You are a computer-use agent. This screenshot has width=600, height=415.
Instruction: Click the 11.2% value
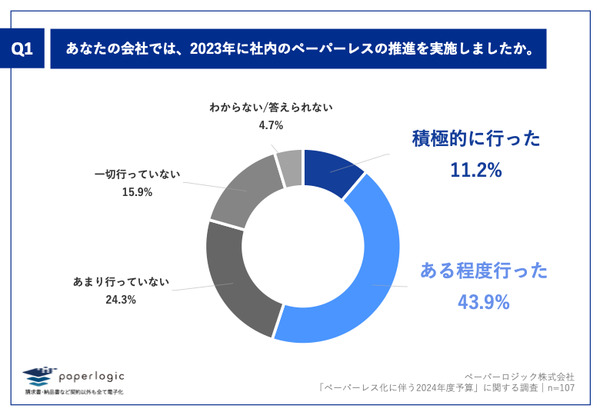476,171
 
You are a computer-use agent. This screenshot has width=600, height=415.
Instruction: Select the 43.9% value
484,302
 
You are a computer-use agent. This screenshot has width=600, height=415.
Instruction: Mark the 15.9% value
137,192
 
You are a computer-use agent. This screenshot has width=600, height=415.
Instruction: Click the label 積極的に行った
476,138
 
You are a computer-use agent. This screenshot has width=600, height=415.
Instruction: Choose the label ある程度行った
484,271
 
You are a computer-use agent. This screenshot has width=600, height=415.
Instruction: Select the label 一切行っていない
137,174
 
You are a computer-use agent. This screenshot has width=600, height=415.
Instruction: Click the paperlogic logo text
91,376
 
